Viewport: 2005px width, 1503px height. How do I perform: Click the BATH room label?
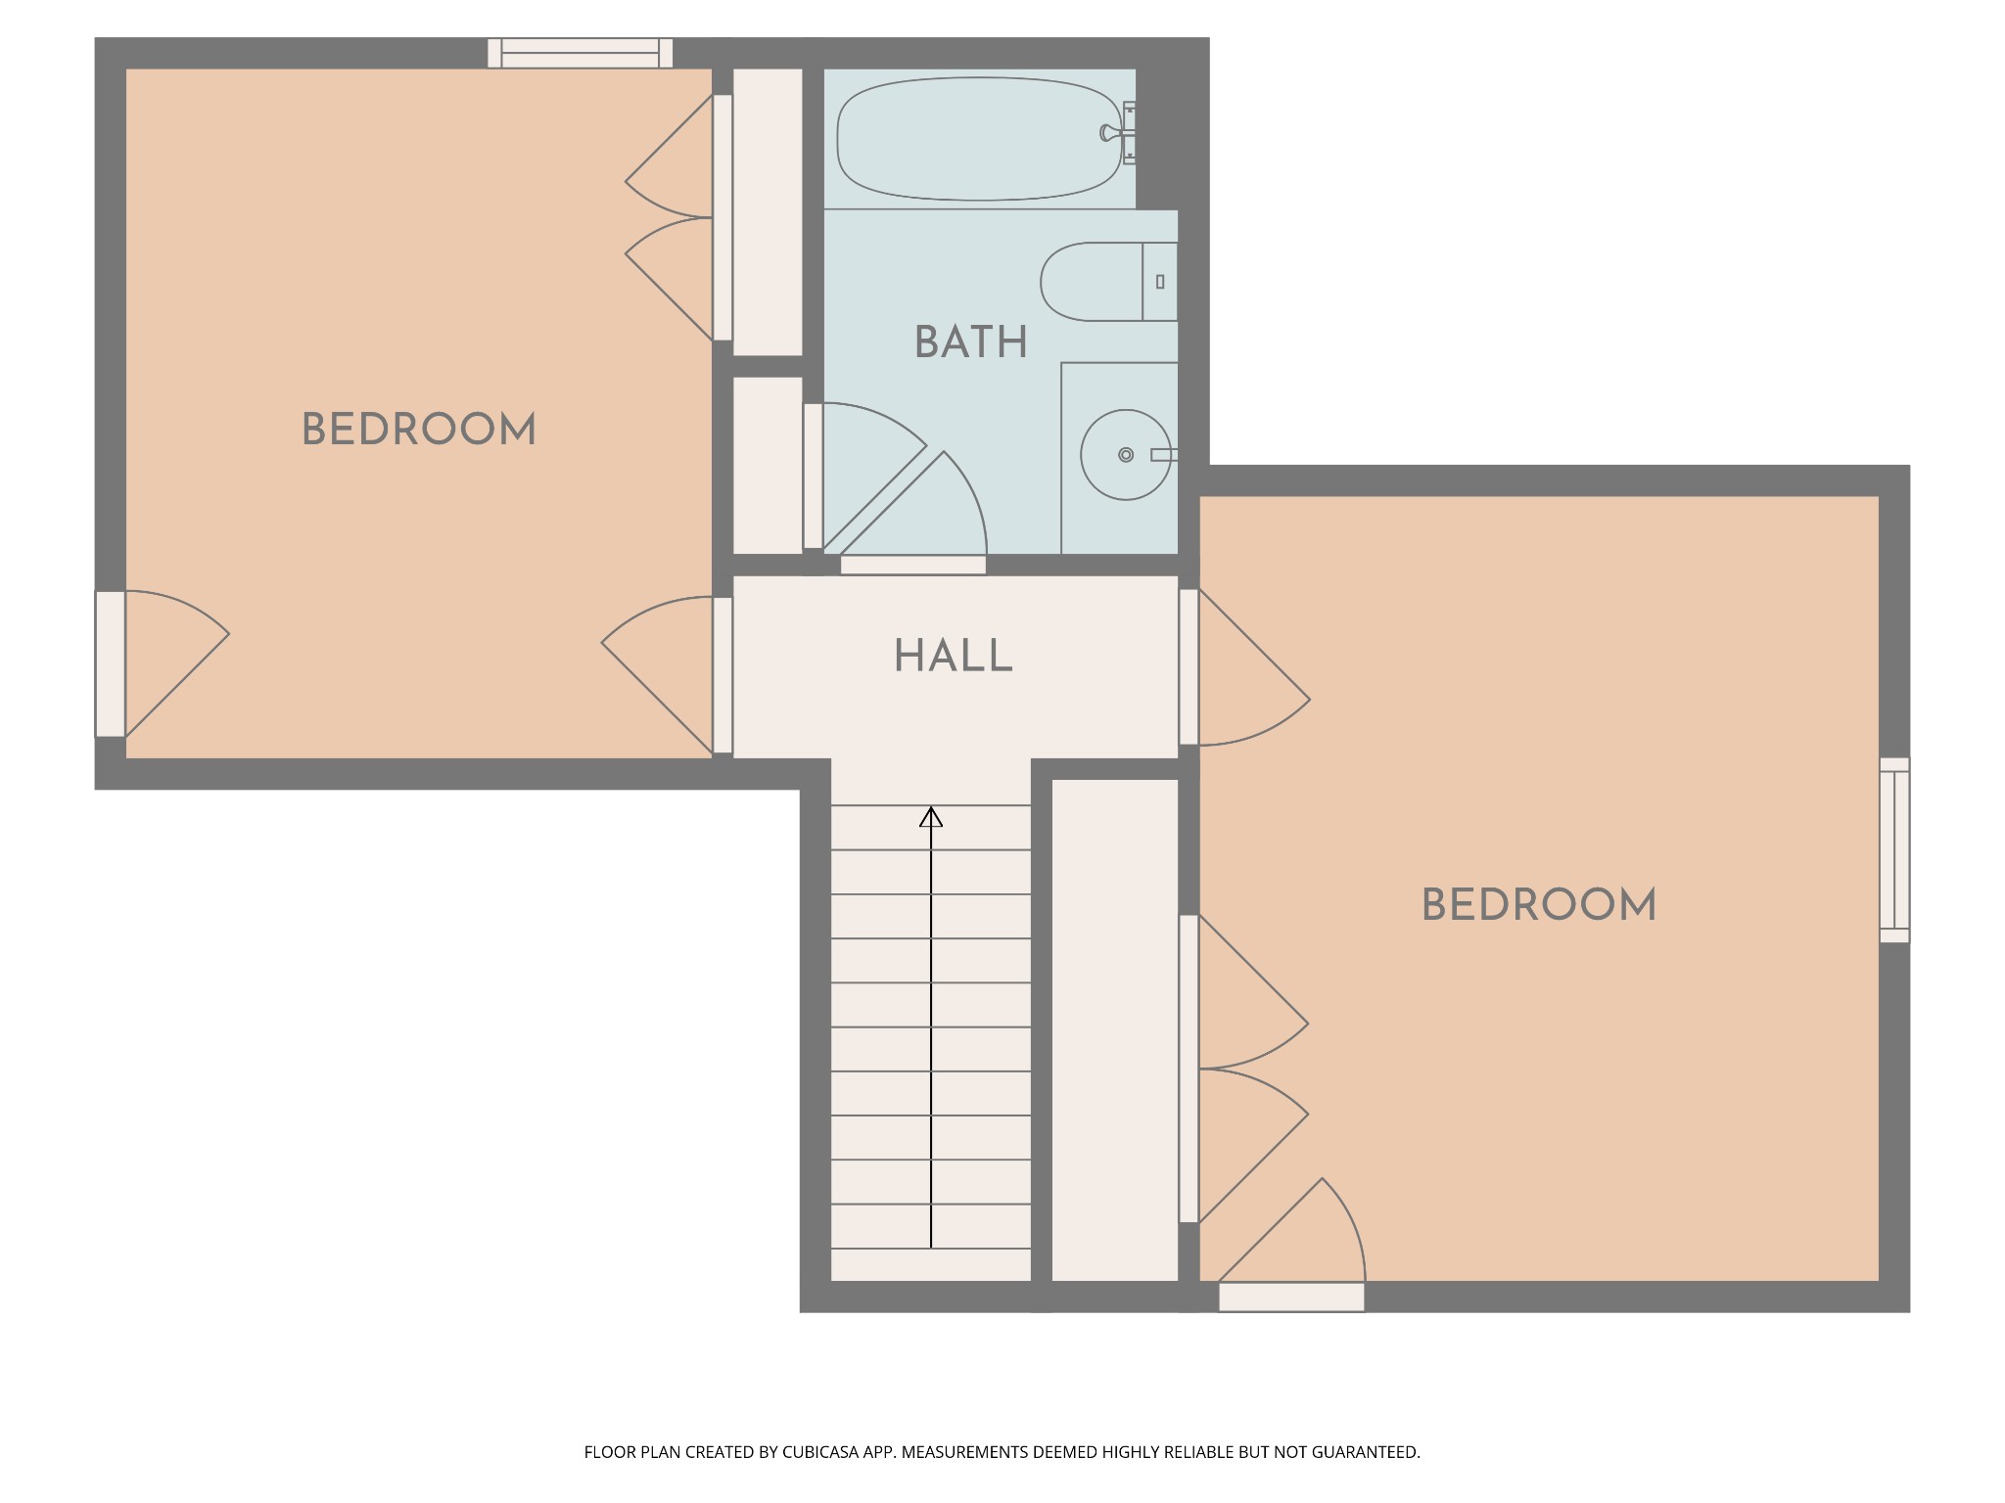(970, 342)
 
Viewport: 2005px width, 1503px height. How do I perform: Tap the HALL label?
(954, 656)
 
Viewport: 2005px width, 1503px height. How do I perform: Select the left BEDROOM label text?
(419, 430)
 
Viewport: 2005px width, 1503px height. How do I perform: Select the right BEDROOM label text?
(1539, 905)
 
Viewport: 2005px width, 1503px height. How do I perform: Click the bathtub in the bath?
(979, 138)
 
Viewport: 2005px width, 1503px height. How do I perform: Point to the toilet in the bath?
(1108, 282)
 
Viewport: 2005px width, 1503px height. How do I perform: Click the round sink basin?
(1126, 455)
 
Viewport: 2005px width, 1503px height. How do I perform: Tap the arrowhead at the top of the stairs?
(931, 816)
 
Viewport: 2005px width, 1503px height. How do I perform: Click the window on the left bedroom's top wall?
(581, 53)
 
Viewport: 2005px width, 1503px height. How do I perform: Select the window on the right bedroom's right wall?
(1894, 850)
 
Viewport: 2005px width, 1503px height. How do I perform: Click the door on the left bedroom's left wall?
(162, 663)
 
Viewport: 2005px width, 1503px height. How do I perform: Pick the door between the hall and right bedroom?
(1243, 666)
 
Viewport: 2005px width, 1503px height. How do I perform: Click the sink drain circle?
(1126, 455)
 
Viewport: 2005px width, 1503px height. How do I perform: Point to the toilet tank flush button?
(1160, 282)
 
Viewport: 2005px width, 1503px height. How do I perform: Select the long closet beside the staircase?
(1115, 1029)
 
